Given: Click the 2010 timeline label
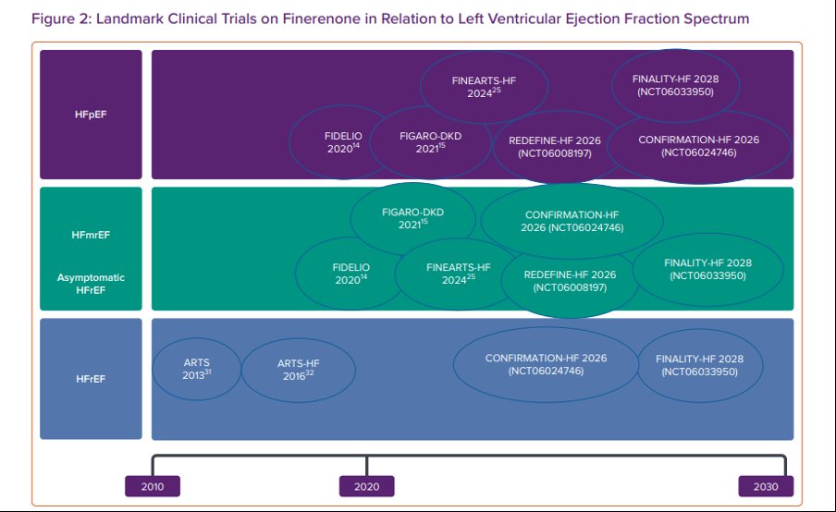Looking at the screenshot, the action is [x=153, y=486].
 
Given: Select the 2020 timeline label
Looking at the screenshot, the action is [x=367, y=486].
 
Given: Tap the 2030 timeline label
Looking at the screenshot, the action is [x=766, y=486].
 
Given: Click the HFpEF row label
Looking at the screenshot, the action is [x=91, y=115].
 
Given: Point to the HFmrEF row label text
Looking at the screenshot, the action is [x=91, y=235].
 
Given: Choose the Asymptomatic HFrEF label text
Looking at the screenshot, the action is [x=91, y=284].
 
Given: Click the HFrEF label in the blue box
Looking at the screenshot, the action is [x=91, y=379].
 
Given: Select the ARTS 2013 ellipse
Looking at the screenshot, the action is [x=197, y=369].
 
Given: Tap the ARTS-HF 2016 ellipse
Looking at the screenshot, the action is [x=299, y=370].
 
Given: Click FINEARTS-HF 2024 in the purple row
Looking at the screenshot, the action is [x=484, y=87].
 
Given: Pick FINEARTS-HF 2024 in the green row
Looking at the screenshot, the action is [x=459, y=274].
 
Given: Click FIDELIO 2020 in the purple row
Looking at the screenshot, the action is [x=343, y=142].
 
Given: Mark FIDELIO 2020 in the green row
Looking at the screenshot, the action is [x=350, y=274].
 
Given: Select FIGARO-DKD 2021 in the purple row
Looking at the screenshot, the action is [x=430, y=142].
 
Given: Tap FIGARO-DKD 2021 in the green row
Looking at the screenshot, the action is [x=412, y=218].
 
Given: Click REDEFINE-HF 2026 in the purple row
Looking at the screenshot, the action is [x=555, y=147].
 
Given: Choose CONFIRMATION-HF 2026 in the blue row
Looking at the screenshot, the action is [x=546, y=364].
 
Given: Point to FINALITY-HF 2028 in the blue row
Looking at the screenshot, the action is [x=699, y=365].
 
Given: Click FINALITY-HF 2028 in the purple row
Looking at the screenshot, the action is [x=675, y=85].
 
